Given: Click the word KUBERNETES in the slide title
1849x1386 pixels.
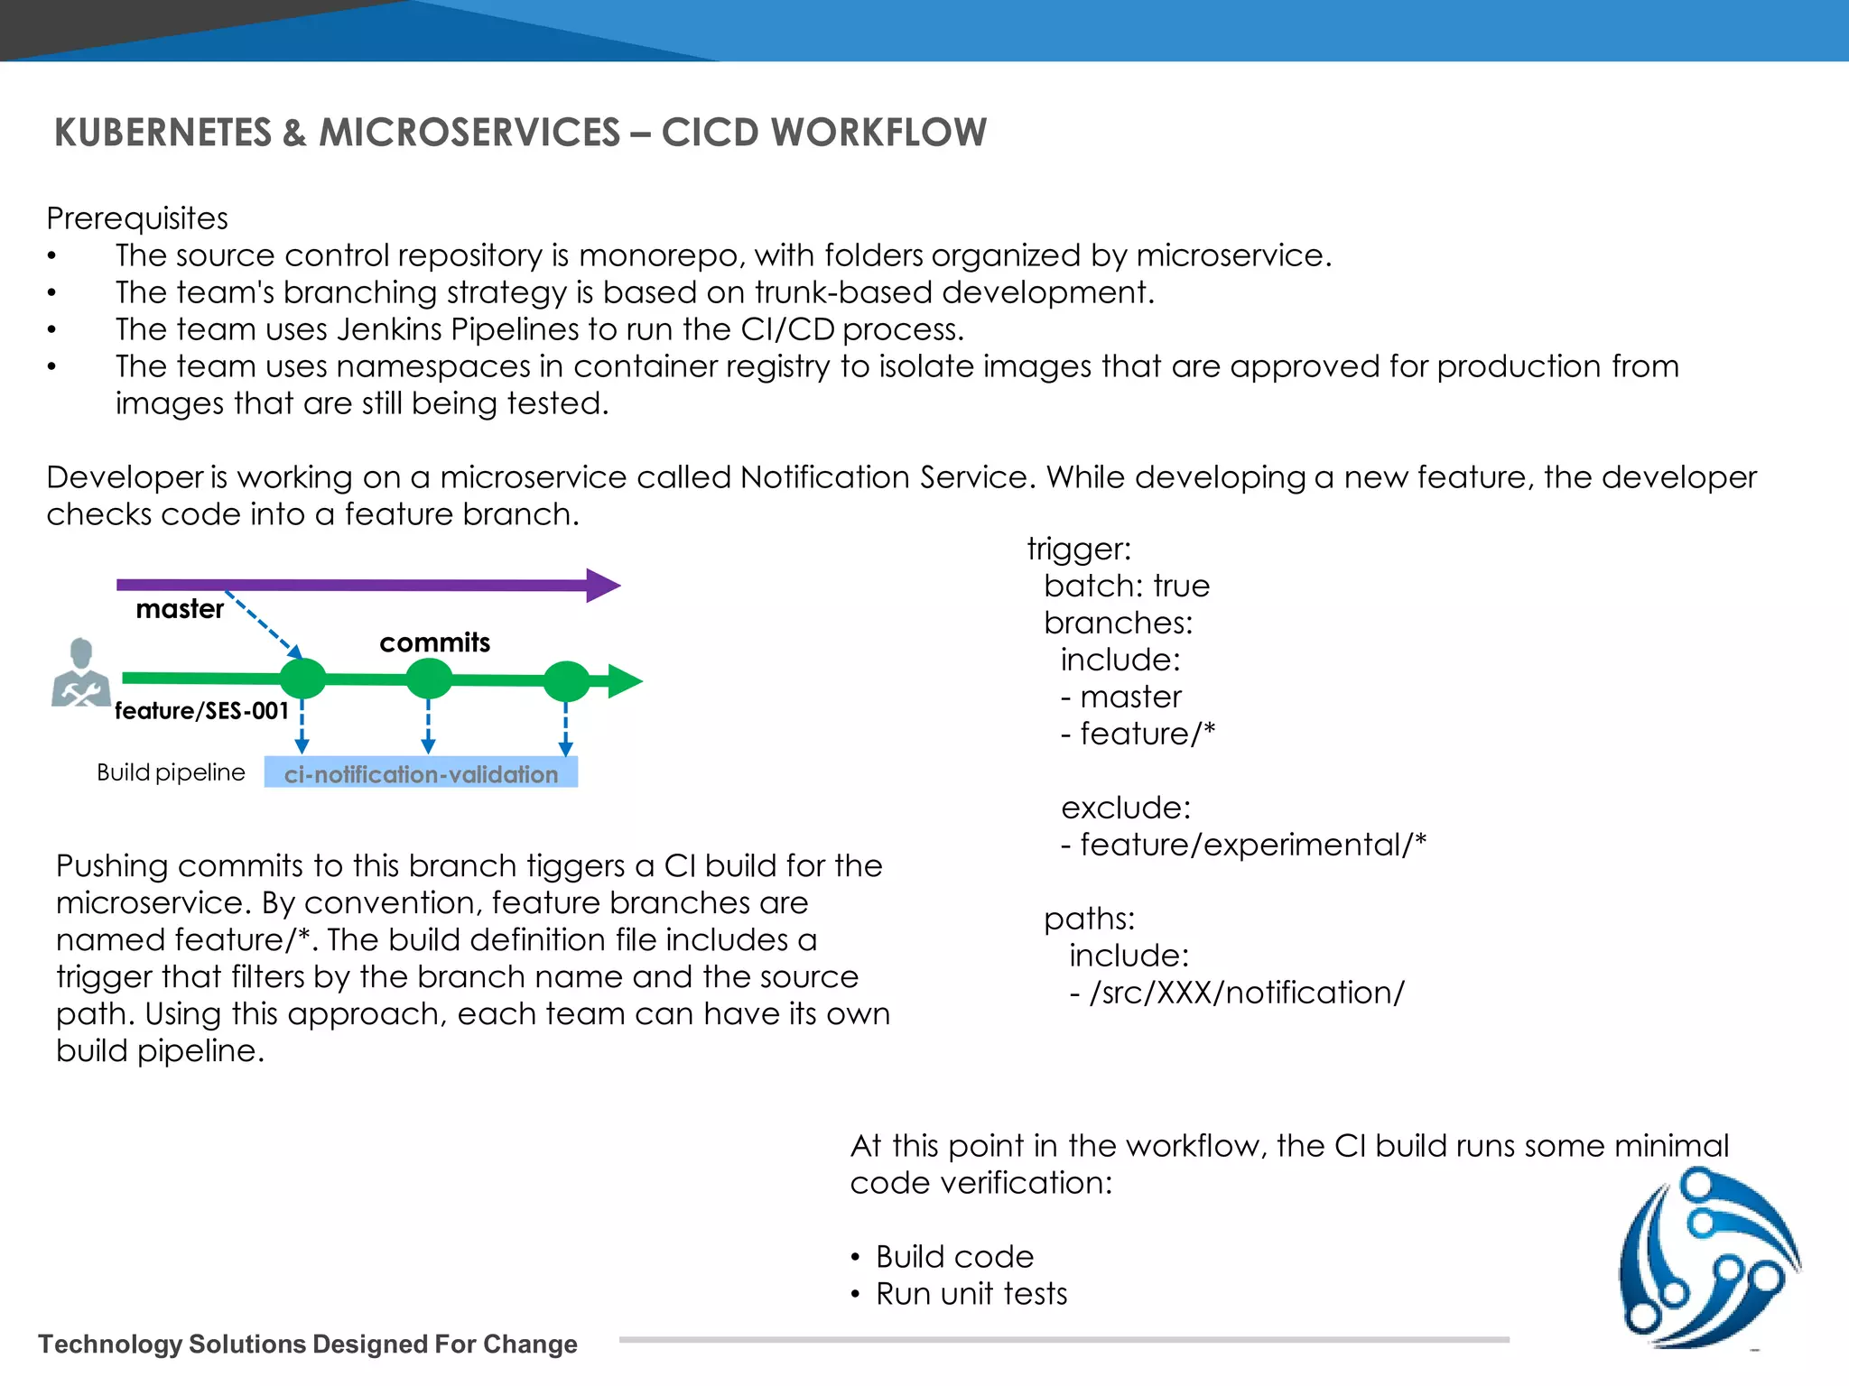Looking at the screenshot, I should tap(163, 133).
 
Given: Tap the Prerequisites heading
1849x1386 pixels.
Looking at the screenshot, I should tap(137, 218).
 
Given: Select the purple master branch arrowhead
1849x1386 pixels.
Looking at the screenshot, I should tap(602, 586).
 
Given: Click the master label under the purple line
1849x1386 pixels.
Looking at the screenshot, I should tap(180, 609).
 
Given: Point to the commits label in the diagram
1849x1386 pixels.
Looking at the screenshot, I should tap(434, 642).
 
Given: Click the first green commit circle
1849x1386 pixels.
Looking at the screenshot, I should tap(302, 679).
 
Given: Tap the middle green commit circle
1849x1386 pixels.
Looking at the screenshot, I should tap(429, 679).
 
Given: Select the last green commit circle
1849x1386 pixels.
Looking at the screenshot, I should tap(566, 681).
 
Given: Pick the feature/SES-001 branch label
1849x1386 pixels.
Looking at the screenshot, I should tap(201, 711).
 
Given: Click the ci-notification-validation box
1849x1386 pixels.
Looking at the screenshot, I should tap(421, 773).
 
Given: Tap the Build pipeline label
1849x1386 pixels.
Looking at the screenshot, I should tap(171, 772).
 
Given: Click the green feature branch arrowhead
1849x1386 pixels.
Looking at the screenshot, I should tap(624, 681).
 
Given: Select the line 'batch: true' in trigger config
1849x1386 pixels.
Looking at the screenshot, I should tap(1126, 587).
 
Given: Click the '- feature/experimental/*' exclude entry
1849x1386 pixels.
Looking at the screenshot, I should tap(1243, 845).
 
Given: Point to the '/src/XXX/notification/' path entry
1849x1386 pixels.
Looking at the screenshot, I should tap(1237, 993).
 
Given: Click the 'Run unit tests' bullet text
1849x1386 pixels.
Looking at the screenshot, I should tap(971, 1294).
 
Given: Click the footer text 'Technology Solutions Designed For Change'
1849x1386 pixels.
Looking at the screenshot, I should tap(307, 1344).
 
